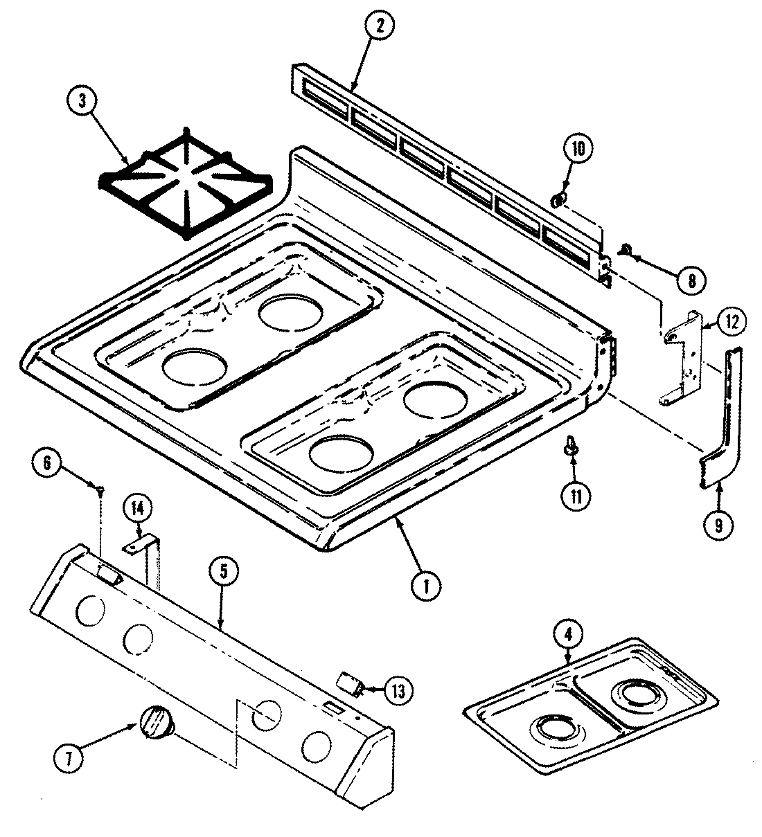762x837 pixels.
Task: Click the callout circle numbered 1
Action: (x=427, y=586)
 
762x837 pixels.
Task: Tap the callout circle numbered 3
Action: (x=82, y=100)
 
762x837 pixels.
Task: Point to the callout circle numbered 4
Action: (x=568, y=634)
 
